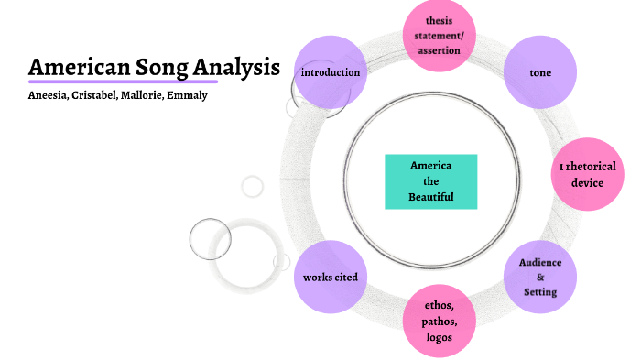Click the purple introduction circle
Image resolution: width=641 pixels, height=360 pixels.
pyautogui.click(x=331, y=71)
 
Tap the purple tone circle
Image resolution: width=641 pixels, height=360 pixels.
pyautogui.click(x=539, y=71)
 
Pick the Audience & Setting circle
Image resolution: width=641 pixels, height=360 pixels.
pyautogui.click(x=539, y=276)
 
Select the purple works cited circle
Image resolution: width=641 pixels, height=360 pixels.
pyautogui.click(x=331, y=276)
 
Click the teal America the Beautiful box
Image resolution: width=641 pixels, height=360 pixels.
pyautogui.click(x=431, y=181)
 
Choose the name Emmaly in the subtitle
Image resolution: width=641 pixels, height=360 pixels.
pyautogui.click(x=189, y=95)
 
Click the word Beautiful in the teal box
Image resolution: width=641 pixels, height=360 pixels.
pyautogui.click(x=431, y=197)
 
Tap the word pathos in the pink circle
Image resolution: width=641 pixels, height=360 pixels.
pyautogui.click(x=439, y=322)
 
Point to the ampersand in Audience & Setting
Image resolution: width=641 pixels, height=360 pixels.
pyautogui.click(x=540, y=277)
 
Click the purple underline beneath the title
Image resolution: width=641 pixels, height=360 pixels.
pyautogui.click(x=123, y=82)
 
